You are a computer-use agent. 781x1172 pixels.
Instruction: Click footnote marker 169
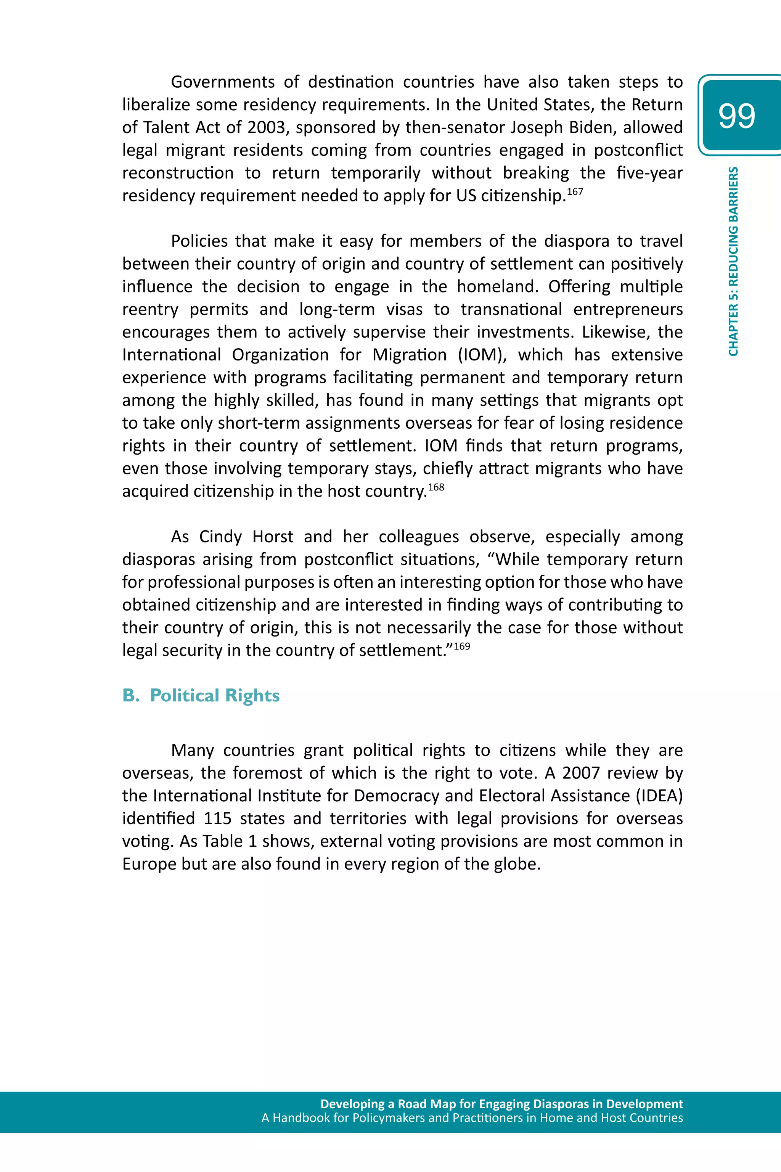pos(462,646)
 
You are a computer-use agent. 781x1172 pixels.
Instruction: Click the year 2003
pos(267,127)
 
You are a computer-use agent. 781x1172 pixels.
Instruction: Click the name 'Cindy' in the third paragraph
pos(220,537)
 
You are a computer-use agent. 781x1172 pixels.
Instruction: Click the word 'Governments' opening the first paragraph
pos(223,82)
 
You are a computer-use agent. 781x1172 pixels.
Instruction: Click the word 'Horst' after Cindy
pos(273,537)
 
